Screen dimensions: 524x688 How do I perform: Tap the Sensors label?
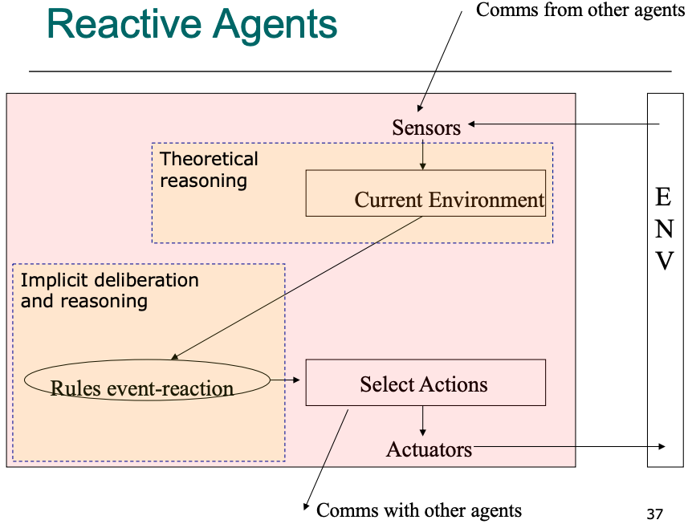pyautogui.click(x=426, y=128)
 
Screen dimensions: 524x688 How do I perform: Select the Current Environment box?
pyautogui.click(x=425, y=193)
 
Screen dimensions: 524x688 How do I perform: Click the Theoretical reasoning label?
pyautogui.click(x=209, y=169)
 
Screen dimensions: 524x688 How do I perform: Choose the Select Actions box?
pyautogui.click(x=425, y=383)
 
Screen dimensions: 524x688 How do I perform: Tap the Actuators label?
pyautogui.click(x=429, y=449)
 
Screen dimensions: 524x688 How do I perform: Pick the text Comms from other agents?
pyautogui.click(x=580, y=10)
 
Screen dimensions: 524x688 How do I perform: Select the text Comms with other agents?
pyautogui.click(x=419, y=510)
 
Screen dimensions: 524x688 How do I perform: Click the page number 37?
pyautogui.click(x=654, y=514)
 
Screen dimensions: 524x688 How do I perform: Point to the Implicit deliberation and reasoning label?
pyautogui.click(x=109, y=290)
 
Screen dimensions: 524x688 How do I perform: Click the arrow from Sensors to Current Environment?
pyautogui.click(x=423, y=153)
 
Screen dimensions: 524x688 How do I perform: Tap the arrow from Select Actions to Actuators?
pyautogui.click(x=423, y=421)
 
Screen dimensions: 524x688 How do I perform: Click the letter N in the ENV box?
pyautogui.click(x=664, y=229)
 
